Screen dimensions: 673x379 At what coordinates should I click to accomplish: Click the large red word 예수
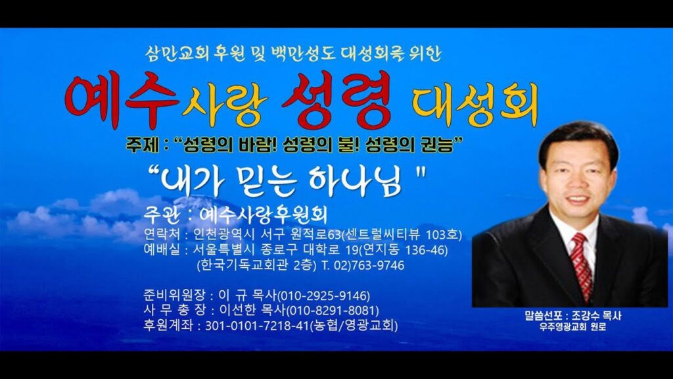click(x=122, y=100)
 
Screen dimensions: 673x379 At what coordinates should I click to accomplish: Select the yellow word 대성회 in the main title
click(x=475, y=105)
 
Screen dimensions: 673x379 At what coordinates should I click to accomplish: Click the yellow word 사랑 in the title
click(x=225, y=106)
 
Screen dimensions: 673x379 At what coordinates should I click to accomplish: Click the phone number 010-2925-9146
click(x=324, y=295)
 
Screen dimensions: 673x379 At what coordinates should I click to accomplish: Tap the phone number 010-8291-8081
click(x=333, y=311)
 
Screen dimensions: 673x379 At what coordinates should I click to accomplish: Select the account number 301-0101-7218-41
click(x=256, y=326)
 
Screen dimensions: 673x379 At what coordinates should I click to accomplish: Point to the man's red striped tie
click(x=583, y=266)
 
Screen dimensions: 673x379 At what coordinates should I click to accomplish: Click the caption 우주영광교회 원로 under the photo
click(x=572, y=327)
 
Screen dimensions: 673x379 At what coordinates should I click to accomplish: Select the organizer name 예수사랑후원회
click(x=263, y=215)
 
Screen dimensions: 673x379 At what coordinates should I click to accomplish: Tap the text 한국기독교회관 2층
click(x=256, y=265)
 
